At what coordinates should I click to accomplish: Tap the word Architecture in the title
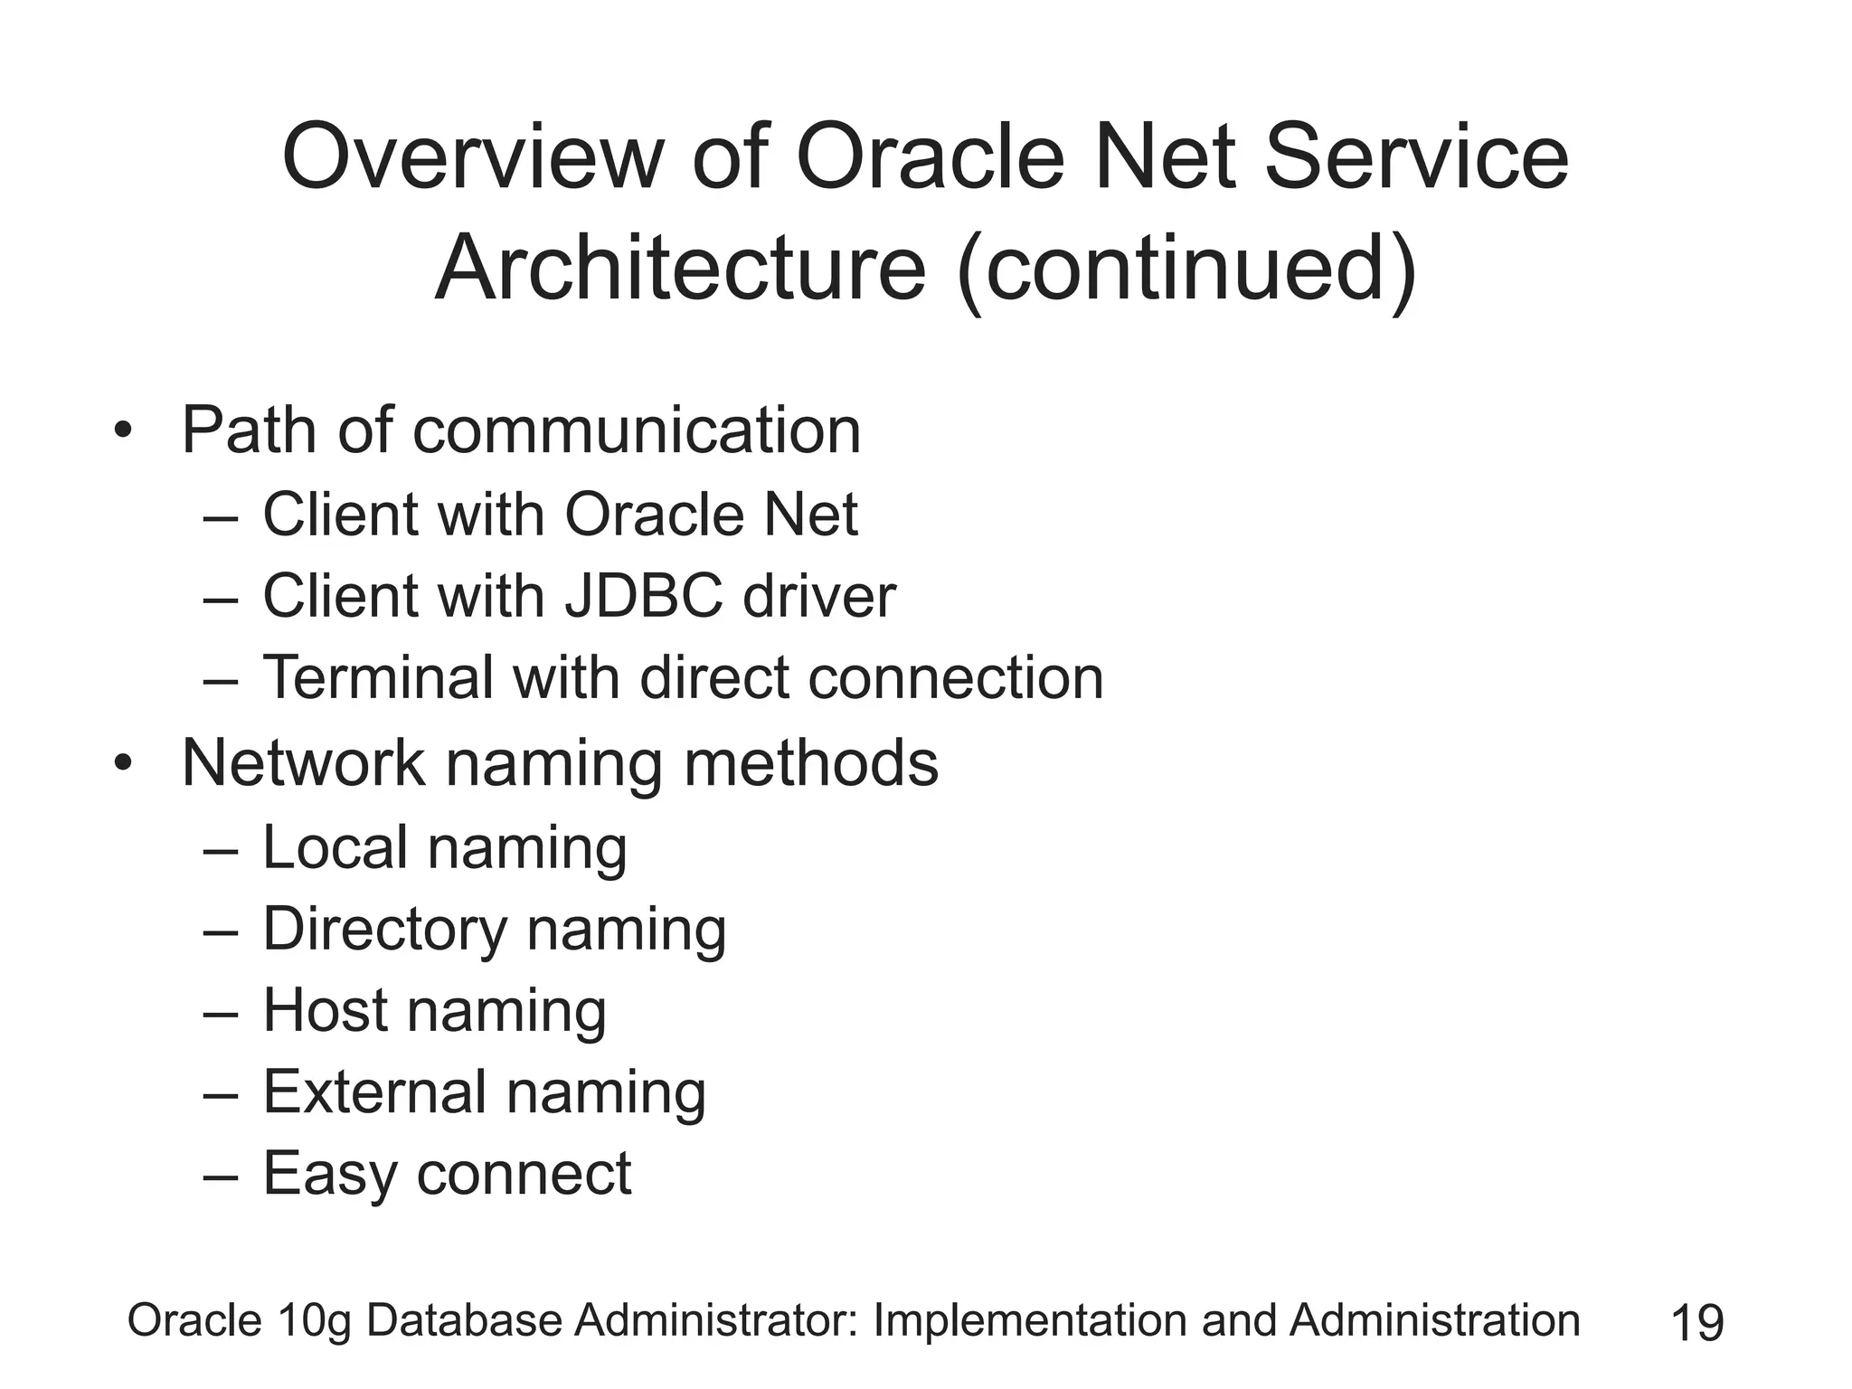[680, 269]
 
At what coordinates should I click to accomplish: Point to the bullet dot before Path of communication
[123, 430]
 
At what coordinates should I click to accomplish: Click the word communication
[637, 430]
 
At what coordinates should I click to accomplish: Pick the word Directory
[385, 930]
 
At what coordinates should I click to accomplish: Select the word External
[374, 1091]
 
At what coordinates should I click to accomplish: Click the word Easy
[329, 1175]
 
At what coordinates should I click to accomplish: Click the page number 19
[1697, 1323]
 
